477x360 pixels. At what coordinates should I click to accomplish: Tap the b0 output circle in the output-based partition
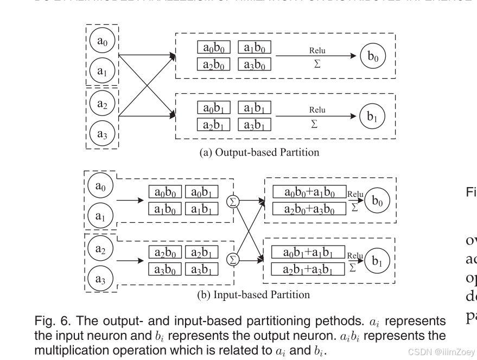[x=373, y=56]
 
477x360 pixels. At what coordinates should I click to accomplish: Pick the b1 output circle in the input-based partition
[x=376, y=260]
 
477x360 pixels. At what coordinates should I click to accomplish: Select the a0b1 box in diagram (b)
[x=202, y=192]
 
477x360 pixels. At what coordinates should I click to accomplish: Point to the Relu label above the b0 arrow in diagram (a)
[x=317, y=50]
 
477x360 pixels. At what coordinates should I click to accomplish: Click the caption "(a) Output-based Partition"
[x=260, y=152]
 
